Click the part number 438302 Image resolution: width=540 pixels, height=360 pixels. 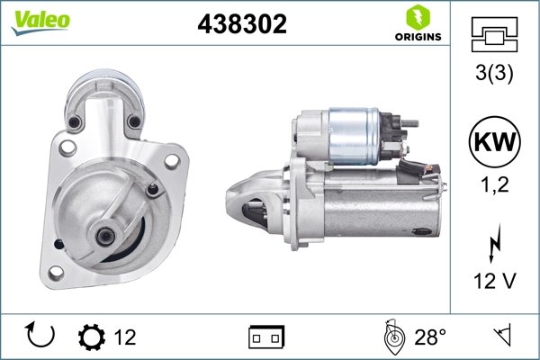241,25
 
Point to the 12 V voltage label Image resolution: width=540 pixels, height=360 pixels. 494,282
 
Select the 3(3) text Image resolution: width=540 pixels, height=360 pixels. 494,76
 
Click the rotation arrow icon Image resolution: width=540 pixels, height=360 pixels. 41,337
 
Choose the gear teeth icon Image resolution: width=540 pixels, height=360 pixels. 92,337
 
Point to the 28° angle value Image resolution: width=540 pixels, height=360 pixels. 430,337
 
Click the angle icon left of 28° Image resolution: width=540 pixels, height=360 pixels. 391,337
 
